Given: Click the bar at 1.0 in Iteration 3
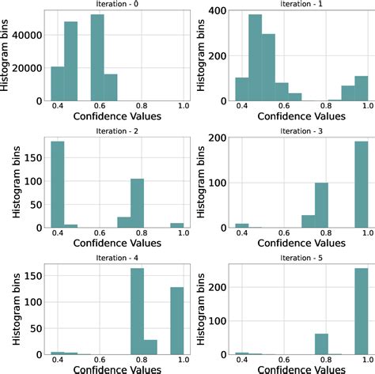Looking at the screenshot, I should (361, 185).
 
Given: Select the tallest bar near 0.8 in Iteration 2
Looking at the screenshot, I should (136, 202).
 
